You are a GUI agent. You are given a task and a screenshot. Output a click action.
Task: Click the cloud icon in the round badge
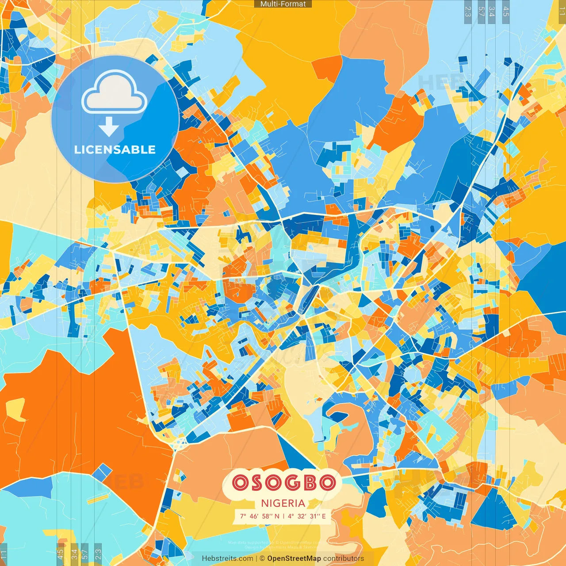coord(115,94)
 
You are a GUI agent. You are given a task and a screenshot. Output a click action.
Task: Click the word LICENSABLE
coord(115,149)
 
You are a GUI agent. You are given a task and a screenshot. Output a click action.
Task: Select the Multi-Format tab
coord(283,4)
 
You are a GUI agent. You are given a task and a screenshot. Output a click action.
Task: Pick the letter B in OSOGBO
coord(307,482)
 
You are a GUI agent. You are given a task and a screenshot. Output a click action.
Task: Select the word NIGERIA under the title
coord(283,503)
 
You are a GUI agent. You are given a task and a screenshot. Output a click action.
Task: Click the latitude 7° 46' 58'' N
coord(260,516)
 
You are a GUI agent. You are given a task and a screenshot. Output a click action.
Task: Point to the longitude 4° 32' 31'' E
coord(307,516)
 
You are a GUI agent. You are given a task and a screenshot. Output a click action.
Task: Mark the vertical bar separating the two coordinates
coord(283,516)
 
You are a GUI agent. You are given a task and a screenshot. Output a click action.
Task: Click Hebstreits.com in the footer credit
coord(227,558)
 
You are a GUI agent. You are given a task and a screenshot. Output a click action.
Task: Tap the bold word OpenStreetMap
coord(294,558)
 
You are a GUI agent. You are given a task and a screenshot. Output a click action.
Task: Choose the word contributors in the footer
coord(344,558)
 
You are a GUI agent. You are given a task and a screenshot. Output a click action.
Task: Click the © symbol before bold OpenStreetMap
coord(262,558)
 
